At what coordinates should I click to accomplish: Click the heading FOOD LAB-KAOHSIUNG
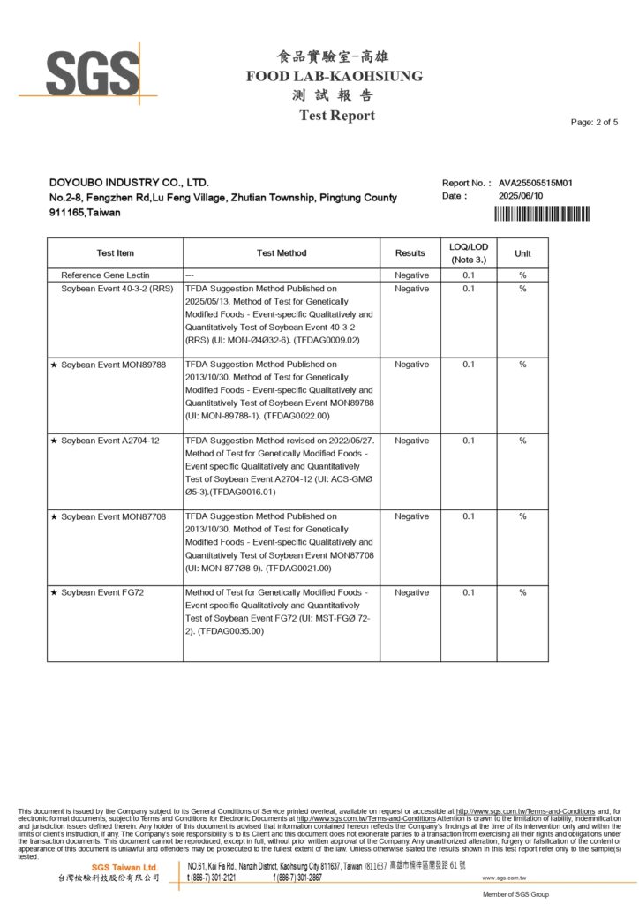tap(335, 76)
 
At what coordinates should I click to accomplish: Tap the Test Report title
tap(336, 116)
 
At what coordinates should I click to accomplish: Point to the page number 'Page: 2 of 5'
tap(594, 122)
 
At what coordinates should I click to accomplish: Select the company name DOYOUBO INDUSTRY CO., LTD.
tap(129, 183)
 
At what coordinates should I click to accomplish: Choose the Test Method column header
tap(282, 253)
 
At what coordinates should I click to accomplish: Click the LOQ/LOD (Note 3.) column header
tap(468, 252)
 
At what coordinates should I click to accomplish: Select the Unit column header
tap(522, 253)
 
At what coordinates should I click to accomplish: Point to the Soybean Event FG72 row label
tap(102, 592)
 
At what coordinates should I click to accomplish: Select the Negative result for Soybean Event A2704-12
tap(411, 441)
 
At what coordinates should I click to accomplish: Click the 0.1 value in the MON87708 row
tap(468, 516)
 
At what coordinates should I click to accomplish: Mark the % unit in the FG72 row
tap(522, 592)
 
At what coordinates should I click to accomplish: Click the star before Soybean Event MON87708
tap(54, 516)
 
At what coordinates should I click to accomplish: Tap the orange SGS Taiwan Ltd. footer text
tap(125, 868)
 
